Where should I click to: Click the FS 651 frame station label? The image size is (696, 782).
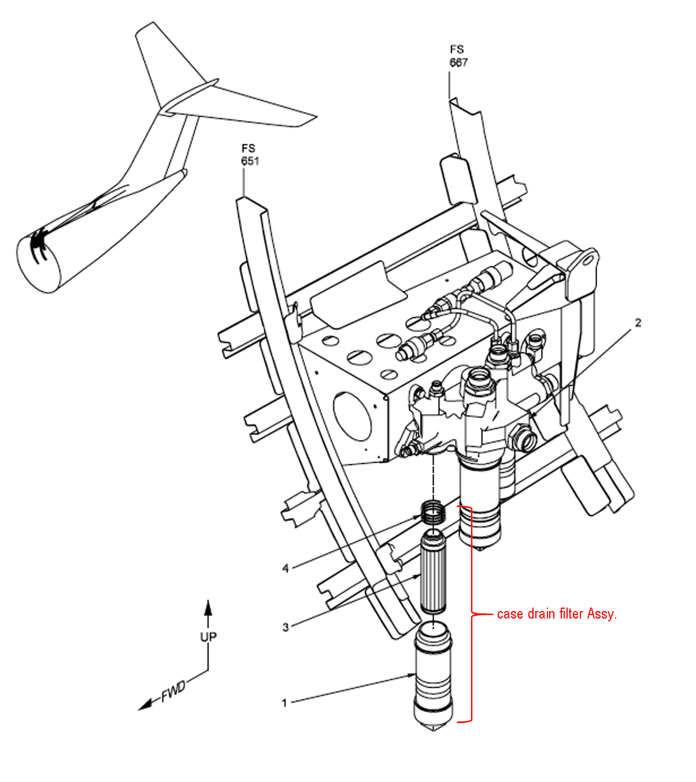point(250,155)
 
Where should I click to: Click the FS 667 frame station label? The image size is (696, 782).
point(458,56)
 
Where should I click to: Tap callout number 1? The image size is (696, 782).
point(284,703)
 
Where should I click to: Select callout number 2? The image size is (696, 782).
point(638,323)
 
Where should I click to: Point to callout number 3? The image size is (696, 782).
point(286,627)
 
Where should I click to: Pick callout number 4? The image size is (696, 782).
point(286,569)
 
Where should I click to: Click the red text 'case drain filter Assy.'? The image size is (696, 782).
point(557,614)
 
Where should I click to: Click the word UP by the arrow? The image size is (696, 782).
point(208,636)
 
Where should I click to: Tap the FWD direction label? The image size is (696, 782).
point(173,691)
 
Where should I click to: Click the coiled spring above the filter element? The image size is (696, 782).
point(434,511)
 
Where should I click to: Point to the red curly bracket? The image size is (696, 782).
point(471,614)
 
